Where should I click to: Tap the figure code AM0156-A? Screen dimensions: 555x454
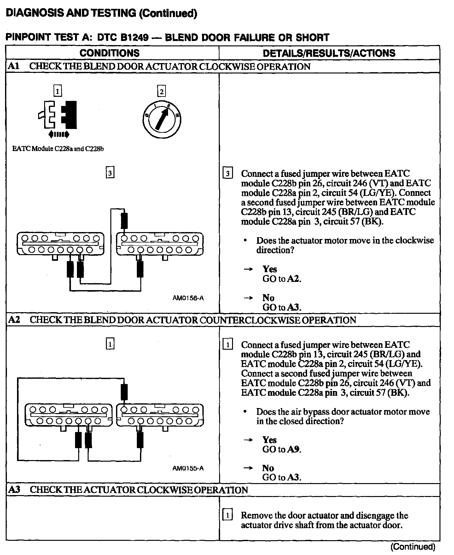point(188,298)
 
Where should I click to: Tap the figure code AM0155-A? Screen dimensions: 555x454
point(188,468)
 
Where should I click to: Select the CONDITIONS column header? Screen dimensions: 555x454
point(109,53)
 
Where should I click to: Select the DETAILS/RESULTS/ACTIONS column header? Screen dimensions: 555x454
point(329,53)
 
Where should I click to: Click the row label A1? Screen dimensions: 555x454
point(14,67)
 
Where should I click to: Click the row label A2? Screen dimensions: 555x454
point(14,320)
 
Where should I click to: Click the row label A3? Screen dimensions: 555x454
point(14,490)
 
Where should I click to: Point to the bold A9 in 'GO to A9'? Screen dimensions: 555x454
point(294,449)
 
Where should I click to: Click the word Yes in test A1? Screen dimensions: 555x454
point(270,269)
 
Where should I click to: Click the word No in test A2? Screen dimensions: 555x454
point(268,468)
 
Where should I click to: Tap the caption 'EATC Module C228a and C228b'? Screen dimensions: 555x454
point(58,149)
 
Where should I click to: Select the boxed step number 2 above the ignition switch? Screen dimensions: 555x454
point(161,92)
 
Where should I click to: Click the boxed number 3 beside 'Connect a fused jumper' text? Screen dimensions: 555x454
point(228,173)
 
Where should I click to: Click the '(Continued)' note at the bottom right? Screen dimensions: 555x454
point(413,546)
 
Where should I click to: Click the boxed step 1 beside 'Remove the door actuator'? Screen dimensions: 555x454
point(228,516)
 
